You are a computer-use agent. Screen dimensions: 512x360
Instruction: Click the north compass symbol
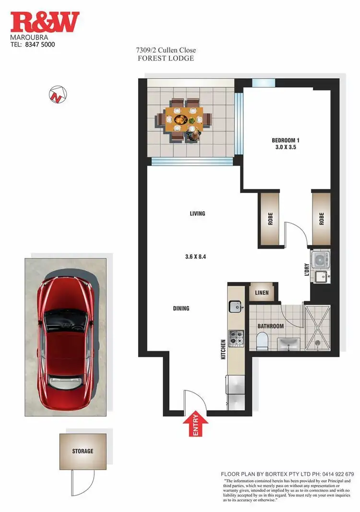58,94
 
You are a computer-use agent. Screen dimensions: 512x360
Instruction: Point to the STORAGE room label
83,451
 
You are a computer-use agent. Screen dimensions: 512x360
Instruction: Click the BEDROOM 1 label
286,140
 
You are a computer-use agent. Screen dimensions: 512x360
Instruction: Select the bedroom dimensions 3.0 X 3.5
286,147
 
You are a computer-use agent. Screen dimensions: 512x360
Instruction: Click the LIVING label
197,213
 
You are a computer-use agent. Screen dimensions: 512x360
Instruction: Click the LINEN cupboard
262,293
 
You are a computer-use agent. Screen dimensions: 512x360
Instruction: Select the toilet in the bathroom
262,341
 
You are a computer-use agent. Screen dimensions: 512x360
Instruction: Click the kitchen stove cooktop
236,338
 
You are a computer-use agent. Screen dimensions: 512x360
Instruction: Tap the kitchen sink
236,305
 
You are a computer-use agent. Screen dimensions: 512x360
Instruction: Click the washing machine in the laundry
320,260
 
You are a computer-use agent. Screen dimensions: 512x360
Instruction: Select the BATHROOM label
271,326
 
